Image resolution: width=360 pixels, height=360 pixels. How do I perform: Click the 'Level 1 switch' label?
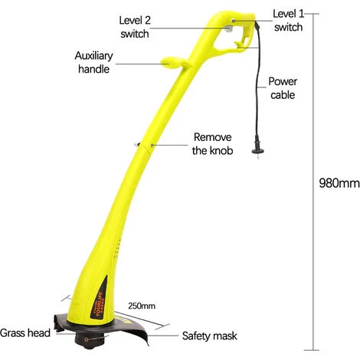click(x=289, y=21)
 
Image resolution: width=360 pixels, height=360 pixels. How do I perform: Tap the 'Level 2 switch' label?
click(x=135, y=27)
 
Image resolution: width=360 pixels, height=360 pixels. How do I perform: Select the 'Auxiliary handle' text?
click(x=93, y=62)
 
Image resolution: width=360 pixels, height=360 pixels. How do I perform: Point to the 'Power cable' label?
click(x=283, y=88)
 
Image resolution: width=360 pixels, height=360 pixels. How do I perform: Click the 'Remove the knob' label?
click(x=212, y=144)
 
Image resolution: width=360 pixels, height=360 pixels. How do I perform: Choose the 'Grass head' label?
click(x=25, y=333)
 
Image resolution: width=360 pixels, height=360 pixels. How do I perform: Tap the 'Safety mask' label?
click(x=209, y=335)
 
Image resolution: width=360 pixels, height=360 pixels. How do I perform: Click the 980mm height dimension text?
click(x=339, y=183)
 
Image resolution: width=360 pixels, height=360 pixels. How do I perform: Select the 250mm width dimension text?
click(x=142, y=306)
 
